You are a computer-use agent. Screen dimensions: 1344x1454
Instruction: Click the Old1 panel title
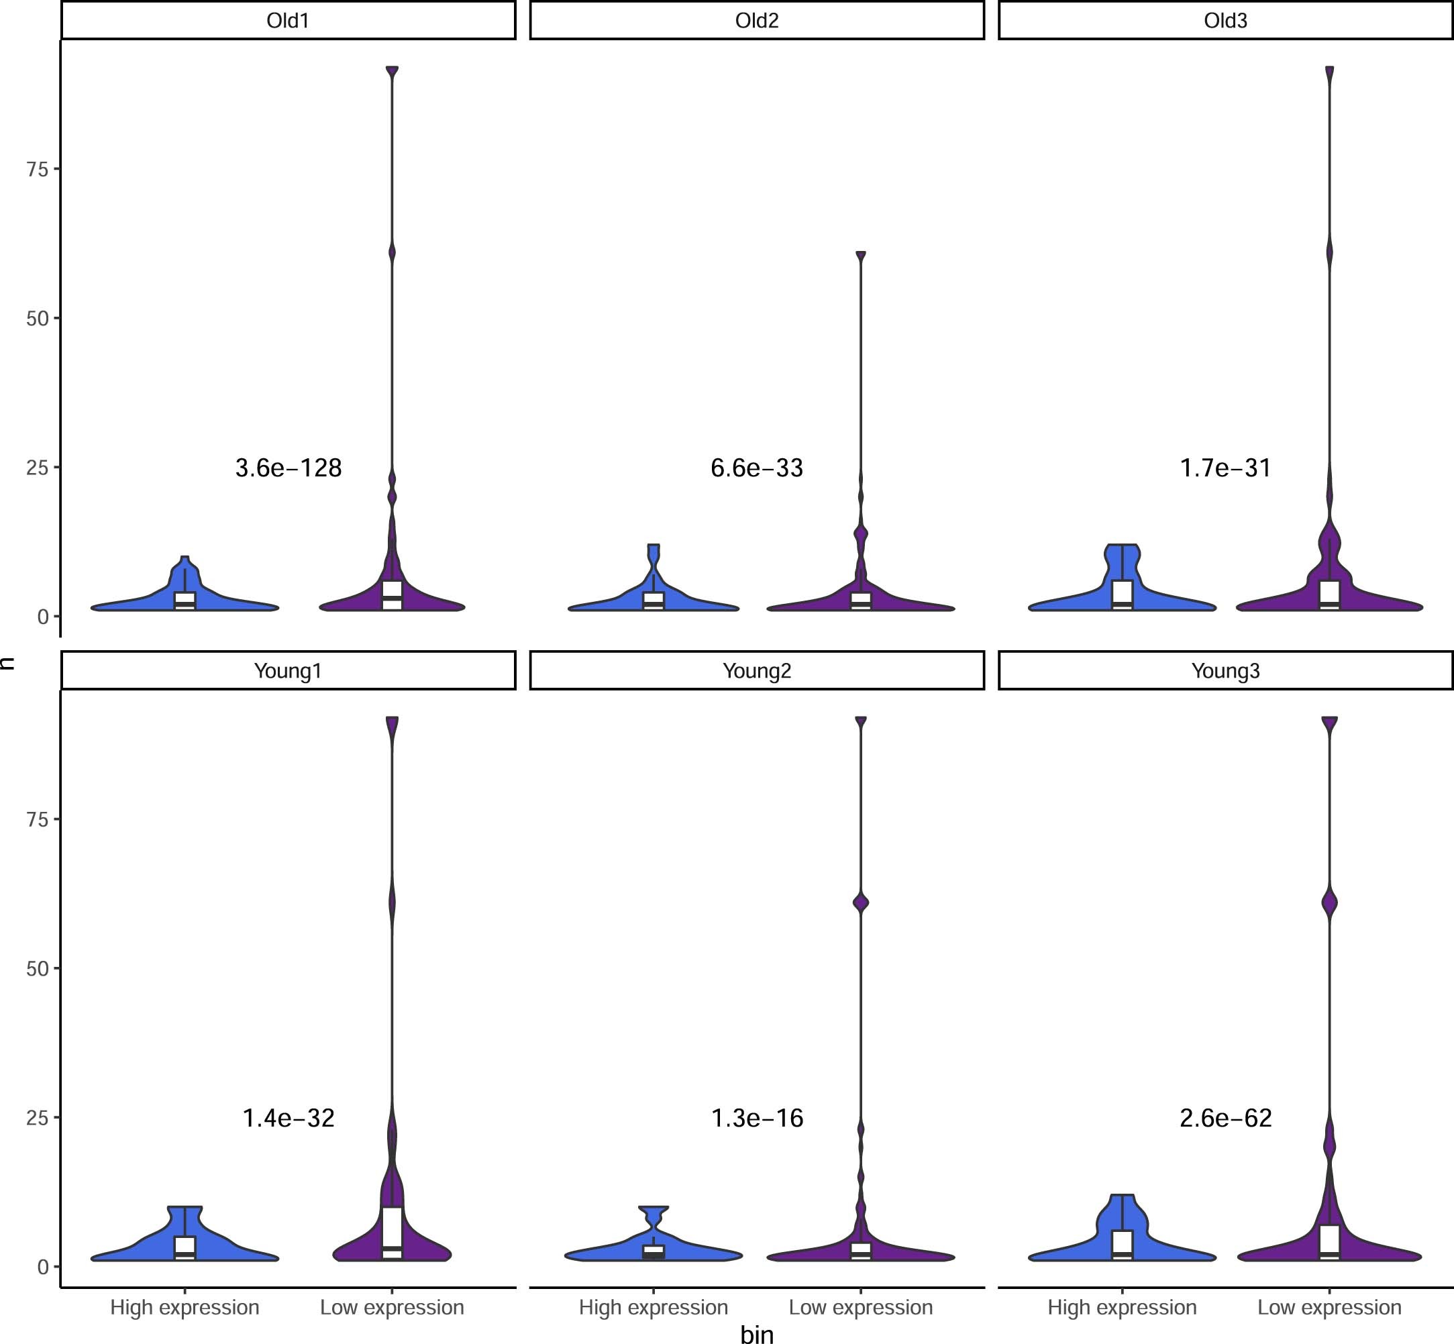click(x=288, y=20)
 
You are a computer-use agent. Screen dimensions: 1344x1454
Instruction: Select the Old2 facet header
click(x=756, y=20)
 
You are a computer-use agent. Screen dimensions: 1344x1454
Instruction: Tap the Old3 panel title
click(x=1225, y=20)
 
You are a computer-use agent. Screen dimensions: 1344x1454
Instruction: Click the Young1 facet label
click(x=288, y=670)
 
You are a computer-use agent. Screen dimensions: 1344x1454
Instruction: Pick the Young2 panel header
click(x=756, y=670)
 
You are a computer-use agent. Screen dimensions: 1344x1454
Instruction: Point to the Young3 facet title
click(x=1225, y=670)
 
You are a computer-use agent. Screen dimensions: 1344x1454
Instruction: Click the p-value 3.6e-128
click(x=288, y=468)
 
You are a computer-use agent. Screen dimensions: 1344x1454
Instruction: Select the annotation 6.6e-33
click(x=756, y=468)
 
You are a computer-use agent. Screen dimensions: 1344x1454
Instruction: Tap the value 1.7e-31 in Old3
click(x=1225, y=468)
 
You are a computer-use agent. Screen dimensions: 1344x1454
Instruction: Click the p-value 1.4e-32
click(x=288, y=1118)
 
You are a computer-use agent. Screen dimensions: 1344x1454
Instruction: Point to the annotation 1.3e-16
click(x=756, y=1118)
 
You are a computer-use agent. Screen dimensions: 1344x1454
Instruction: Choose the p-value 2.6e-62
click(x=1225, y=1118)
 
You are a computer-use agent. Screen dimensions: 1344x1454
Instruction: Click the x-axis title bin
click(x=756, y=1333)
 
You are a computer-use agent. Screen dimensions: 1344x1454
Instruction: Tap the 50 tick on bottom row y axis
click(x=37, y=969)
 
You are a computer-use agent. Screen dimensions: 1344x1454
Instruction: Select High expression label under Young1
click(x=185, y=1307)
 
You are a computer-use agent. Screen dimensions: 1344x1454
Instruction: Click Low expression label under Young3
click(x=1329, y=1307)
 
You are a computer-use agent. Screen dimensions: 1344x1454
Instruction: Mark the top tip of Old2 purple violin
click(x=860, y=255)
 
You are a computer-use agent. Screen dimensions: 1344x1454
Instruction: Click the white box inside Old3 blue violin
click(x=1123, y=592)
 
